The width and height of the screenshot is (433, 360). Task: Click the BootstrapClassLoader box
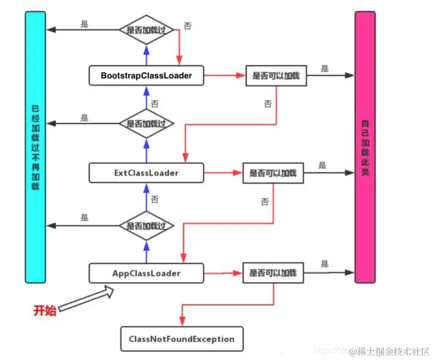coord(146,76)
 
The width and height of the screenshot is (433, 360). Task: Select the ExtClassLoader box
coord(146,173)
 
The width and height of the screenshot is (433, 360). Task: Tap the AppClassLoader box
coord(146,273)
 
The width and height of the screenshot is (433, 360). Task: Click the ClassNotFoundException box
coord(182,339)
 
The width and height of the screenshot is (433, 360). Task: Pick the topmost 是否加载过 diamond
coord(146,30)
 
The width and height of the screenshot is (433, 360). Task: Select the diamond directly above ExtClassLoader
coord(146,124)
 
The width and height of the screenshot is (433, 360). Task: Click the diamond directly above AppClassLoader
coord(146,226)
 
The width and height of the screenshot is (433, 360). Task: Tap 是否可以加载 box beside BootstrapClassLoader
coord(276,76)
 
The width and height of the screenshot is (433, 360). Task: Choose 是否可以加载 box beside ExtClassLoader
coord(272,173)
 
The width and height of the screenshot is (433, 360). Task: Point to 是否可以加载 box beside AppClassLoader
coord(272,273)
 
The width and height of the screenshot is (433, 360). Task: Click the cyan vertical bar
coord(35,147)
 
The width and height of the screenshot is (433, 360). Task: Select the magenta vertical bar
coord(365,147)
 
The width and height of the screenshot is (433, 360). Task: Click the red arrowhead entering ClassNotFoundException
coord(182,322)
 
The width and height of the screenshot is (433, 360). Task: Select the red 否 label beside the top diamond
coord(187,26)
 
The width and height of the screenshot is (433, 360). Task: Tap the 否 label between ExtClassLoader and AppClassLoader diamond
coord(154,199)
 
